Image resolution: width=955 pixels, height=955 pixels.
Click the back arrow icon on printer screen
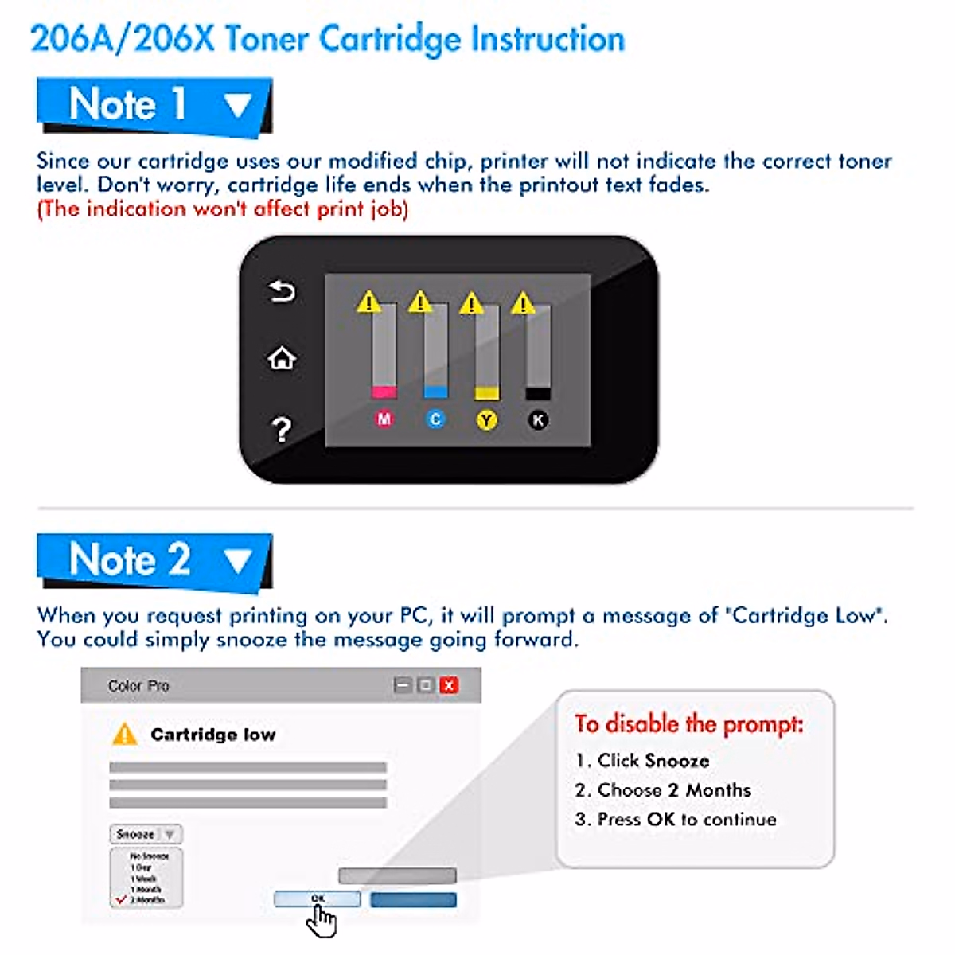(x=282, y=292)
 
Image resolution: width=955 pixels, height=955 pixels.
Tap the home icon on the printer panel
(x=282, y=359)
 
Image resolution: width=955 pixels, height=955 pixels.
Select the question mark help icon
(x=281, y=430)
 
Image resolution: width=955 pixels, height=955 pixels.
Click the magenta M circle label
(x=384, y=419)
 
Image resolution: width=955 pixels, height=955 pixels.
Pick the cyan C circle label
(x=435, y=419)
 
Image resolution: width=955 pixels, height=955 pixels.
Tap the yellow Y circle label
(x=487, y=419)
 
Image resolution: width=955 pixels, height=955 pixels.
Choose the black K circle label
(x=539, y=419)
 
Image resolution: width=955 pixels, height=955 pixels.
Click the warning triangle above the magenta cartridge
(x=368, y=302)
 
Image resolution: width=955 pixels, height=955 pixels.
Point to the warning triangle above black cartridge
(x=523, y=303)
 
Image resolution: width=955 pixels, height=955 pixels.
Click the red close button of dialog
(x=449, y=685)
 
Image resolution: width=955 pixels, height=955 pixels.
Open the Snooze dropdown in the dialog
(x=146, y=834)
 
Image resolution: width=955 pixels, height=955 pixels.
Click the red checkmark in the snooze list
(x=122, y=899)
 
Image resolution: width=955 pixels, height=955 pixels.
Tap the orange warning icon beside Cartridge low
(x=125, y=734)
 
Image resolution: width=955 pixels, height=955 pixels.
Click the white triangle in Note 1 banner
(x=237, y=105)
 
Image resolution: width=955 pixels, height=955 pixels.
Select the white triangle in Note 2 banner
(x=237, y=560)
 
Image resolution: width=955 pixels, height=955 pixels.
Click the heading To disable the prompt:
(x=689, y=724)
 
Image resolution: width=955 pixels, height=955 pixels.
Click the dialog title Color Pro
(x=138, y=685)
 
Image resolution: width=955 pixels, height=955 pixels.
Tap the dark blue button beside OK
(x=413, y=900)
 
